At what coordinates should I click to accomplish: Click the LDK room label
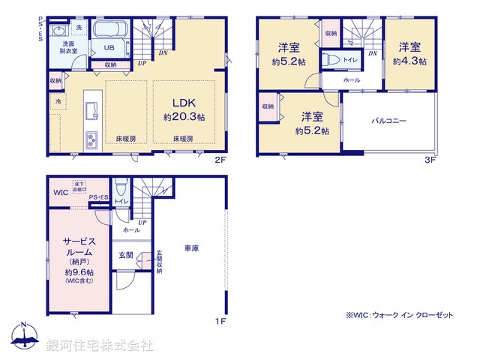point(184,103)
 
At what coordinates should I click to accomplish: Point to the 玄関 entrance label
point(125,256)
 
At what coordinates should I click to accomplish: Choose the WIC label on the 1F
point(61,193)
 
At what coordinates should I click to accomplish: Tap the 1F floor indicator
point(220,322)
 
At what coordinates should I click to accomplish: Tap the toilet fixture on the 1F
point(119,187)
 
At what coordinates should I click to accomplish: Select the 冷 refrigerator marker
point(57,100)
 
